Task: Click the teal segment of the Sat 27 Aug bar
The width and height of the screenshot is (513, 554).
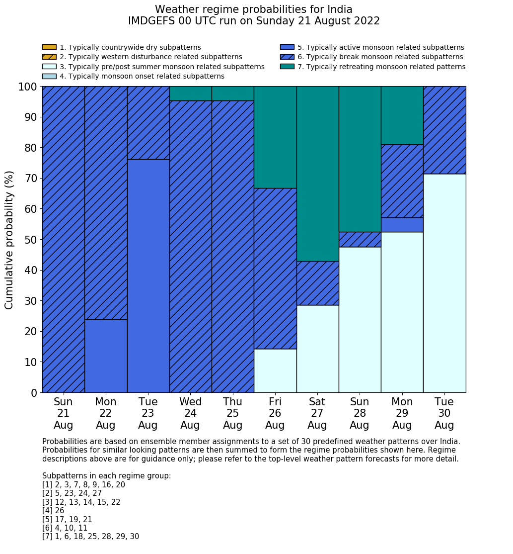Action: (317, 174)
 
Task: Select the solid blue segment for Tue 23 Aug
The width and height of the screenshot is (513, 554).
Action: (148, 276)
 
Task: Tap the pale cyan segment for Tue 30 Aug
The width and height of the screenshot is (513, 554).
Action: (444, 283)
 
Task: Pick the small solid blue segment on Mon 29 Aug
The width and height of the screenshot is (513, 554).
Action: (402, 225)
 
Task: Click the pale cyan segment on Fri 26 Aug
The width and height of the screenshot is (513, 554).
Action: (275, 370)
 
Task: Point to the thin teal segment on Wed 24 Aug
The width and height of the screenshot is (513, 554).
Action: (190, 93)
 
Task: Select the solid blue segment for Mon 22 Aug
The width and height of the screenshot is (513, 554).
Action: (106, 356)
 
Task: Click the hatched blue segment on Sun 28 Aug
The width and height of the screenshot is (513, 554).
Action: (360, 239)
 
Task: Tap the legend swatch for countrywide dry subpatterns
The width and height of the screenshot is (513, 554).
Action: (49, 47)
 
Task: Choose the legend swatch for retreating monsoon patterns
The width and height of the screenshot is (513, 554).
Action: (287, 67)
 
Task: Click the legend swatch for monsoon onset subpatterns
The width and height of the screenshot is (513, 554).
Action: (49, 76)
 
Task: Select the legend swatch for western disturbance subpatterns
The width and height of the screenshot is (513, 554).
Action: (49, 57)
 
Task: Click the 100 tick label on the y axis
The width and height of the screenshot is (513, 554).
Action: (28, 87)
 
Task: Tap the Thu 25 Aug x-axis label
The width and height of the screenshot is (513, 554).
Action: (232, 413)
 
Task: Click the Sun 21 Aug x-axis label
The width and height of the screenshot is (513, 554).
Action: (63, 413)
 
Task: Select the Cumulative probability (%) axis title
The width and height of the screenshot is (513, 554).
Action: (9, 240)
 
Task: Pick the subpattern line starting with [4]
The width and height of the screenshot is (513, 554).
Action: (53, 511)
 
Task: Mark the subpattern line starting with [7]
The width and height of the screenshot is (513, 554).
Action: (90, 537)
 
